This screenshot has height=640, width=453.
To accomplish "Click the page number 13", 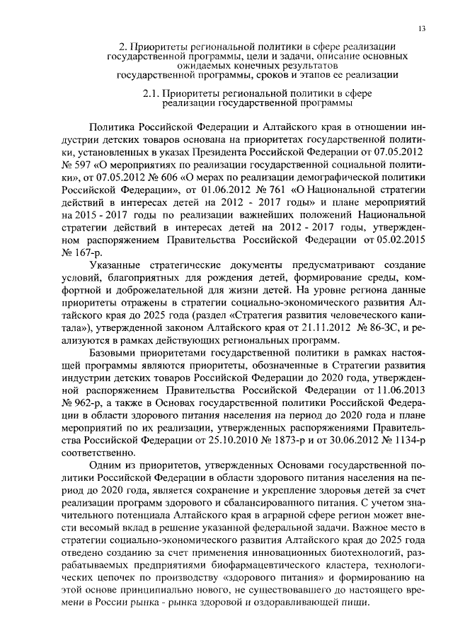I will point(422,28).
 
